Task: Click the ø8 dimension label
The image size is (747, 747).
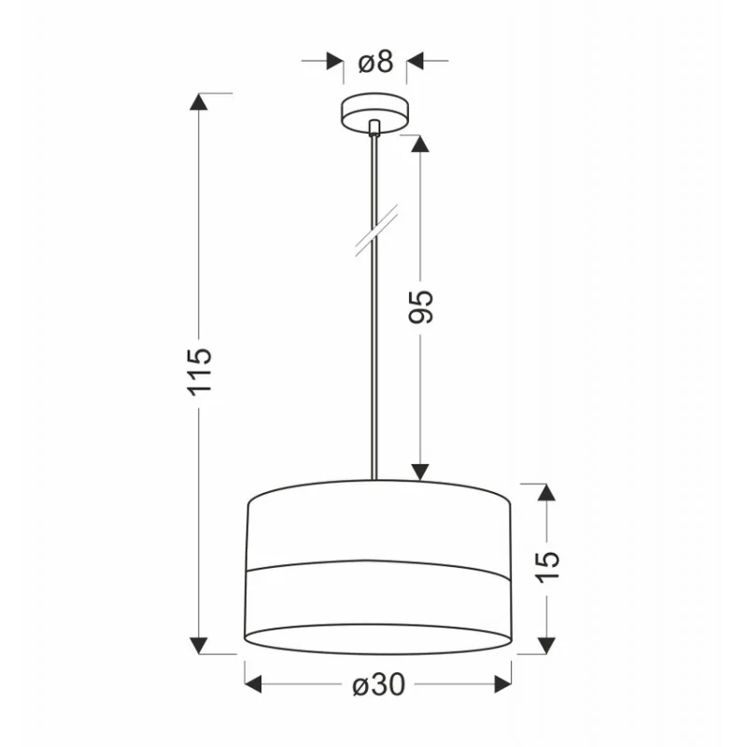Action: [x=376, y=62]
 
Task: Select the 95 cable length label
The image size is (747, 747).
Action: [x=421, y=307]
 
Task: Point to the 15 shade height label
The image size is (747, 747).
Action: [x=547, y=567]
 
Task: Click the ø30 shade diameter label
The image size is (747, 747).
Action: [x=379, y=684]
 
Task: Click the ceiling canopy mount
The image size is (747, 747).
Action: [x=375, y=112]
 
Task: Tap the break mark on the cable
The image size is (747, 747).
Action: [x=376, y=231]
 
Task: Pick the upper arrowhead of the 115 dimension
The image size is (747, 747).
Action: [x=199, y=102]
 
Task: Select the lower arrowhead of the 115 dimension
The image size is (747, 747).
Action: [x=199, y=645]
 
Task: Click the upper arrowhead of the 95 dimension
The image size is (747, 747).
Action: [x=419, y=144]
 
